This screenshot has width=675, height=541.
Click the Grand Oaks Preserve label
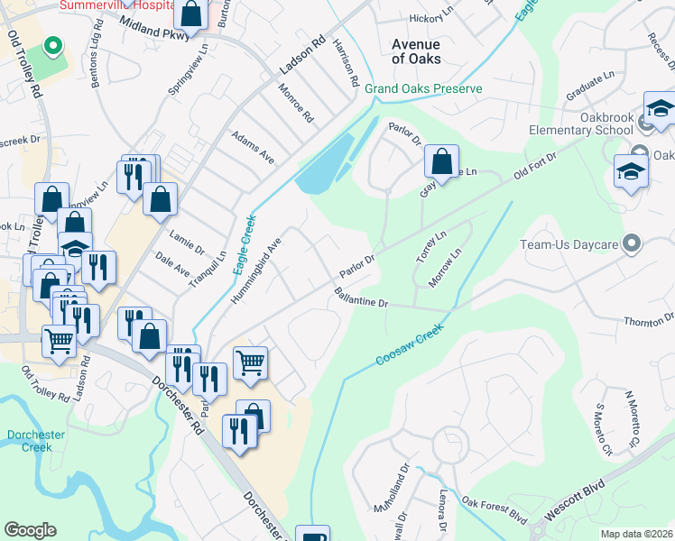[x=423, y=88]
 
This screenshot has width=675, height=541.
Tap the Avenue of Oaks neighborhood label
[x=416, y=51]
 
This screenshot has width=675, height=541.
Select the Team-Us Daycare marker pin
[x=632, y=243]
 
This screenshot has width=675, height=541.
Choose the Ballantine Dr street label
[x=360, y=298]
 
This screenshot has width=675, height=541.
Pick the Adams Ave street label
[x=252, y=145]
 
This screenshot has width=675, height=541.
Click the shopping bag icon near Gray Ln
[x=441, y=163]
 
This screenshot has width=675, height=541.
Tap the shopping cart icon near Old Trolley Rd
[x=59, y=342]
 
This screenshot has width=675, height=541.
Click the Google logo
[x=30, y=530]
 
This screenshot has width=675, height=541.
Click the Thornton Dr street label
[x=650, y=321]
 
